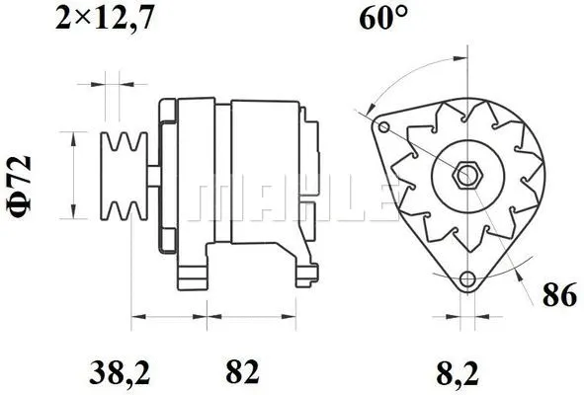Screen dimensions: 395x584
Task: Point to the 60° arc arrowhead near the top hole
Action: point(368,107)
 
